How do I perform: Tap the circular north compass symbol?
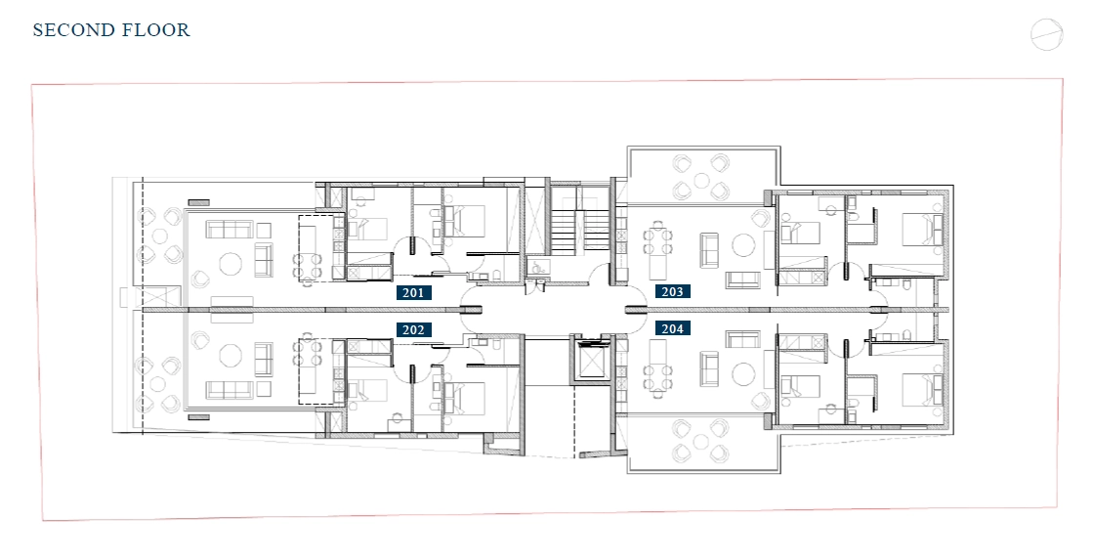[x=1046, y=34]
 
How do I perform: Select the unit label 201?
[x=413, y=293]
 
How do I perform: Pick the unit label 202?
[x=413, y=329]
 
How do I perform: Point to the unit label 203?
[x=672, y=291]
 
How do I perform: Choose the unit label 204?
[x=672, y=328]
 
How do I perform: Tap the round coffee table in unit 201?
[x=231, y=264]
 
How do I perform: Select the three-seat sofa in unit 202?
[x=229, y=389]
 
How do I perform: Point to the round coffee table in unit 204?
[x=743, y=373]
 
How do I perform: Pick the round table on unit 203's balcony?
[x=700, y=180]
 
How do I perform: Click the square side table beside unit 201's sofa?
[x=264, y=230]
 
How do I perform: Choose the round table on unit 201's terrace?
[x=159, y=236]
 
